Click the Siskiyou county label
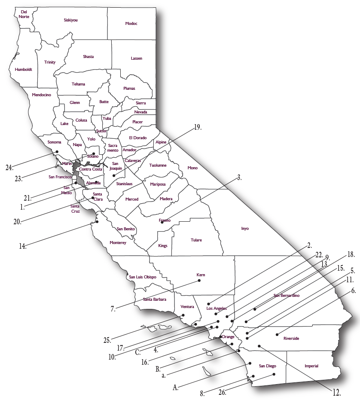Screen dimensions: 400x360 [x=70, y=20]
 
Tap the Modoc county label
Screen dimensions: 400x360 [x=131, y=23]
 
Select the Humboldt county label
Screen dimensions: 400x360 [x=23, y=69]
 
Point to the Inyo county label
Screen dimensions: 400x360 [x=245, y=229]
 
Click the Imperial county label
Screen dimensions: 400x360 [x=311, y=366]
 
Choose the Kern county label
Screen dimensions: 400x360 [x=201, y=275]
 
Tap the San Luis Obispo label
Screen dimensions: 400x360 [x=143, y=277]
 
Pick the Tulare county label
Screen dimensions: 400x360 [x=196, y=240]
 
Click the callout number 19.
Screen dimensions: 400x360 [x=197, y=127]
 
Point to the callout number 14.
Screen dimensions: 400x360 [x=22, y=247]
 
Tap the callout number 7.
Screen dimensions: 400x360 [x=113, y=309]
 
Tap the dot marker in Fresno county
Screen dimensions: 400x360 [x=162, y=222]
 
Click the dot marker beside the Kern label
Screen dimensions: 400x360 [x=199, y=281]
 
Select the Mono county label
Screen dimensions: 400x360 [x=192, y=168]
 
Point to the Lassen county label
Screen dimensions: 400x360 [x=137, y=58]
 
